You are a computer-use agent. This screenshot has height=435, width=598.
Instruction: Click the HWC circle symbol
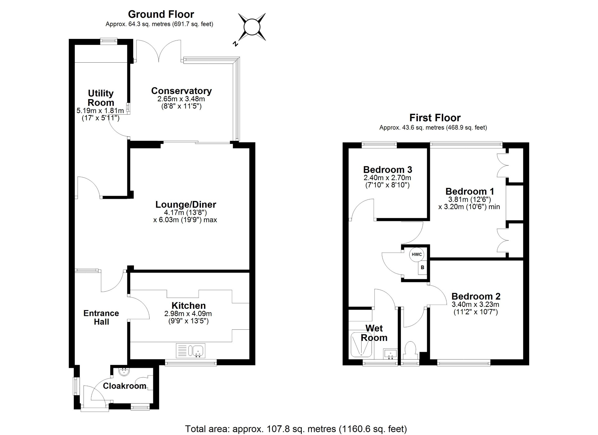tap(417, 254)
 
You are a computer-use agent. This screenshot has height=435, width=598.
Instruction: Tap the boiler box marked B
tap(422, 268)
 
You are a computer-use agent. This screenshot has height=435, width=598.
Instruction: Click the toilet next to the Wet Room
tap(410, 350)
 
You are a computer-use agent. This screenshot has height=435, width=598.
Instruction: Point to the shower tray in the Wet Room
tap(361, 345)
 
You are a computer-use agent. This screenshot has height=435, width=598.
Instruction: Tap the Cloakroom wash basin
tap(124, 371)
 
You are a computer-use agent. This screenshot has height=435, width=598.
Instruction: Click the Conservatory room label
tap(181, 91)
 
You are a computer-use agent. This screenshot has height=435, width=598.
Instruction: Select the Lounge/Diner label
tap(186, 204)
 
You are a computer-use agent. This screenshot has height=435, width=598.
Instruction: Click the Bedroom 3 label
tap(387, 170)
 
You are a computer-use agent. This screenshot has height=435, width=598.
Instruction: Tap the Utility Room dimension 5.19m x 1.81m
tap(100, 110)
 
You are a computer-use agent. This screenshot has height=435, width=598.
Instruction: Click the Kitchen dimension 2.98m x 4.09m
tap(188, 313)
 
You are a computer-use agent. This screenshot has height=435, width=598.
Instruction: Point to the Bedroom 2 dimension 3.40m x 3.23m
tap(475, 304)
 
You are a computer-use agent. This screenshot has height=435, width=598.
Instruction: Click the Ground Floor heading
tap(161, 14)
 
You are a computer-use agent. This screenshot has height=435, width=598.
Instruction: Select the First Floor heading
tap(434, 118)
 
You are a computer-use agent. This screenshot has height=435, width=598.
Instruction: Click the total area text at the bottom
tap(296, 429)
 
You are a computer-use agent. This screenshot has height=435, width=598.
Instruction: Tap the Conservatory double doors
tap(159, 50)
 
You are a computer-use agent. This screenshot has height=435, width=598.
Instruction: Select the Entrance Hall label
tap(101, 317)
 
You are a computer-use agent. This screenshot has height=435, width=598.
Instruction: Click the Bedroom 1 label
tap(469, 191)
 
